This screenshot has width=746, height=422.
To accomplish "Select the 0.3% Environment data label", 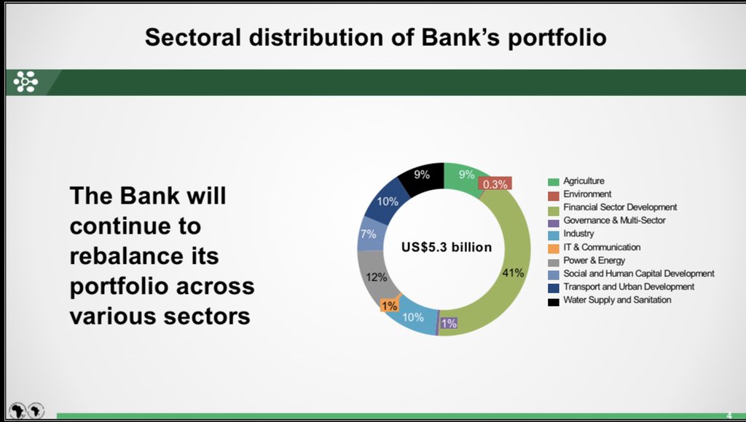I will pos(495,184).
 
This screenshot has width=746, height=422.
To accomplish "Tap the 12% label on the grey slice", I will pos(376,276).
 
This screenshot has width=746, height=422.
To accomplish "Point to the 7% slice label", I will pos(368,234).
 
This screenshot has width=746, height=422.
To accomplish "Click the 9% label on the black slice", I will pos(422,175).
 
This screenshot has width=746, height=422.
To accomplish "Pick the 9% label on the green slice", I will pos(466,175).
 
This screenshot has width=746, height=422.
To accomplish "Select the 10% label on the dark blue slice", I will pos(388,201).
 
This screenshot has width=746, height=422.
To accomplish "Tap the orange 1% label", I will pos(389,306).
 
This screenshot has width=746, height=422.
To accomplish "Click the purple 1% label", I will pos(449,323).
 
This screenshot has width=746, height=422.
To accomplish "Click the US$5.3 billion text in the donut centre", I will pos(447,247).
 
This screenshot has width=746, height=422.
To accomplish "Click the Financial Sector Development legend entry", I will pos(619,207).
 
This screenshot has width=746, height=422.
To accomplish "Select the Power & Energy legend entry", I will pos(594,260).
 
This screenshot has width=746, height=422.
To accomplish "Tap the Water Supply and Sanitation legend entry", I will pos(617,300).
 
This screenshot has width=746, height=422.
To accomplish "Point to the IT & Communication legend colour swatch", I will pos(553,247).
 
